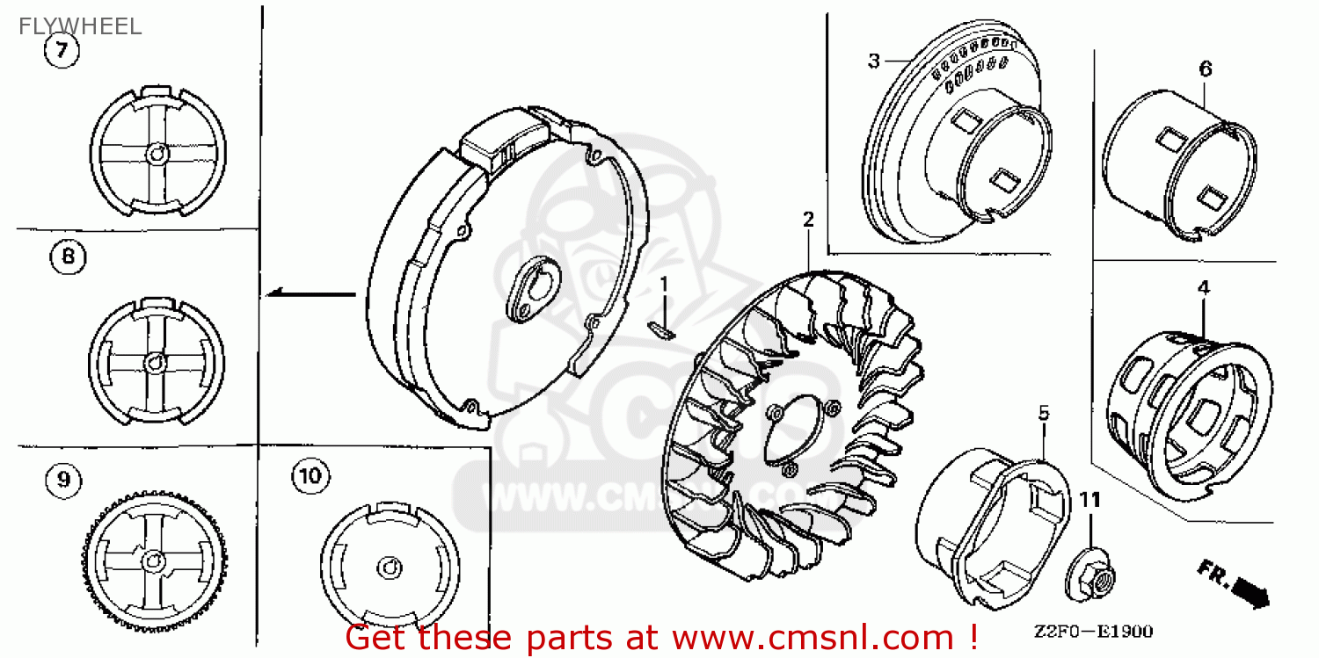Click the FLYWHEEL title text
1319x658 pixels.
point(80,26)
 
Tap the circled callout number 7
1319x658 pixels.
point(62,51)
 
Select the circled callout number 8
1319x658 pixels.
point(69,257)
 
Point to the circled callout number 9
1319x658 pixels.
point(62,479)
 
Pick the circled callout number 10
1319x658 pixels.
point(309,476)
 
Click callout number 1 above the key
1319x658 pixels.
point(665,283)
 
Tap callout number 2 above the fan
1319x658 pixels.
point(808,220)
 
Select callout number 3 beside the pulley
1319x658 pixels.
point(873,61)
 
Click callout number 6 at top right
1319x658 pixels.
point(1205,69)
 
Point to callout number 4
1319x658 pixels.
point(1203,287)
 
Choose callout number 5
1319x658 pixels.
point(1044,411)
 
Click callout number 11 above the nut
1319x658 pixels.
point(1090,499)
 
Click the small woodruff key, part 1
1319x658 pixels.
point(660,329)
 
